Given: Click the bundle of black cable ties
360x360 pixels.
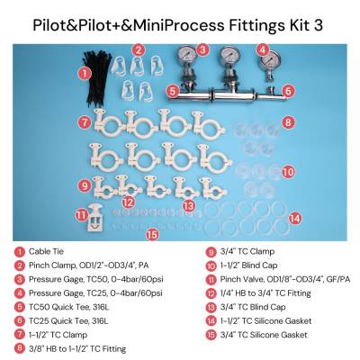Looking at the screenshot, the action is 94,78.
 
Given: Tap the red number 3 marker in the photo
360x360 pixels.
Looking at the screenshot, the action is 202,49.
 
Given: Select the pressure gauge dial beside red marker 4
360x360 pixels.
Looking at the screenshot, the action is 270,59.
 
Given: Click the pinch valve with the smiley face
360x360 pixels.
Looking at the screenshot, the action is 95,218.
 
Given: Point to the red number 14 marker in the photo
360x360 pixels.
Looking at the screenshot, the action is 295,218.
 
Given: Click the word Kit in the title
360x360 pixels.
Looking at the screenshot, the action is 298,25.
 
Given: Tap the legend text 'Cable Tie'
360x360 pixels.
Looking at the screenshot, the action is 46,251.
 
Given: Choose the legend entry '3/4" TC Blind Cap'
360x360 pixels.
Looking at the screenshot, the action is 253,307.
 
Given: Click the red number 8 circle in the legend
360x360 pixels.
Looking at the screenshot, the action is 20,348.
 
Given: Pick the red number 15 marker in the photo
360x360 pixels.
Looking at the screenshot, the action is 152,235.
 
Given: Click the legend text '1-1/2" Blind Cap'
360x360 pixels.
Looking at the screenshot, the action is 248,265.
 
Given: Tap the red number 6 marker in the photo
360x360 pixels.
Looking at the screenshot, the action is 287,91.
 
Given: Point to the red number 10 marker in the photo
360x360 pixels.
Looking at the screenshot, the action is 288,172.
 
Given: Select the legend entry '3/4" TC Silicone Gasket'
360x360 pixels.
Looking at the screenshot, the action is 264,335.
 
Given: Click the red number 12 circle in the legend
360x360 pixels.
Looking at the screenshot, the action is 211,293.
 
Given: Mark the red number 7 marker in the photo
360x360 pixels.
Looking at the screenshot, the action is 85,122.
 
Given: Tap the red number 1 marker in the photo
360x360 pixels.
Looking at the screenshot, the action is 85,73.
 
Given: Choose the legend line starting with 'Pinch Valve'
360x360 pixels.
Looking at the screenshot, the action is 285,279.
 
